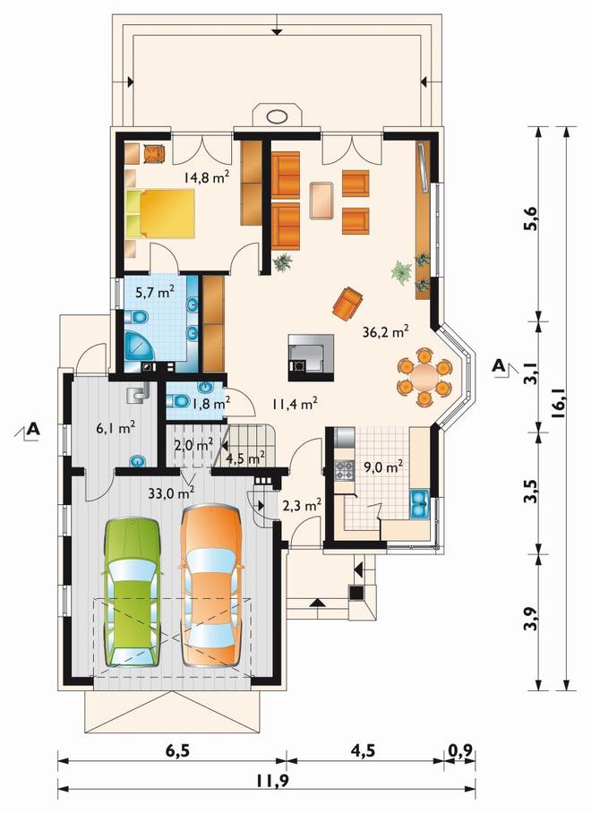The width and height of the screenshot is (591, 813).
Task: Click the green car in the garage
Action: pyautogui.click(x=132, y=592)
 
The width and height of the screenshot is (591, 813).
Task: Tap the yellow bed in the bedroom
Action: pyautogui.click(x=160, y=213)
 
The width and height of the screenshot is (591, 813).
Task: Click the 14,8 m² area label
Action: pyautogui.click(x=206, y=178)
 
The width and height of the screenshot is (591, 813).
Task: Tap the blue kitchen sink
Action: pyautogui.click(x=419, y=503)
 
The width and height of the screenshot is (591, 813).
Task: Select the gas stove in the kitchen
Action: pyautogui.click(x=344, y=471)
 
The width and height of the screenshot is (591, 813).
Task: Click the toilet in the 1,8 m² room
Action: pyautogui.click(x=177, y=401)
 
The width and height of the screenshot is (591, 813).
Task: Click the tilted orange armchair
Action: pyautogui.click(x=347, y=303)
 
